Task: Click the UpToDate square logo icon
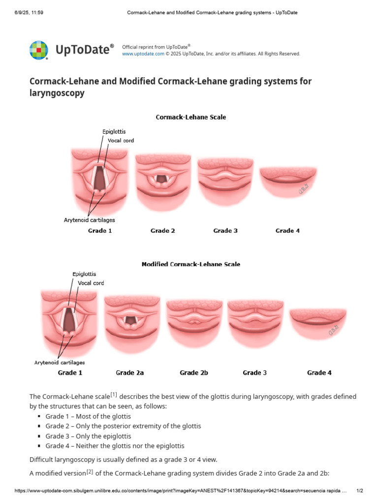click(39, 50)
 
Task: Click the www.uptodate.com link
click(143, 54)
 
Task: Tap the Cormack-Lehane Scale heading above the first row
click(191, 117)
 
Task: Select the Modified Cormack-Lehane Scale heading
click(191, 264)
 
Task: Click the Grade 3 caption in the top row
click(225, 231)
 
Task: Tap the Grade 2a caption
click(130, 373)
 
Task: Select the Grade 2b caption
click(194, 373)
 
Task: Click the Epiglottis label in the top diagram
click(114, 132)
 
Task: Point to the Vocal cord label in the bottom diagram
click(91, 283)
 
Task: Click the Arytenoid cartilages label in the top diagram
click(90, 221)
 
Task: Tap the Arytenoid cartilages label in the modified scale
click(60, 363)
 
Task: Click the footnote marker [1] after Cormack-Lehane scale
click(114, 394)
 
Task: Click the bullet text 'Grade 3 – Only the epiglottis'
click(89, 436)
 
